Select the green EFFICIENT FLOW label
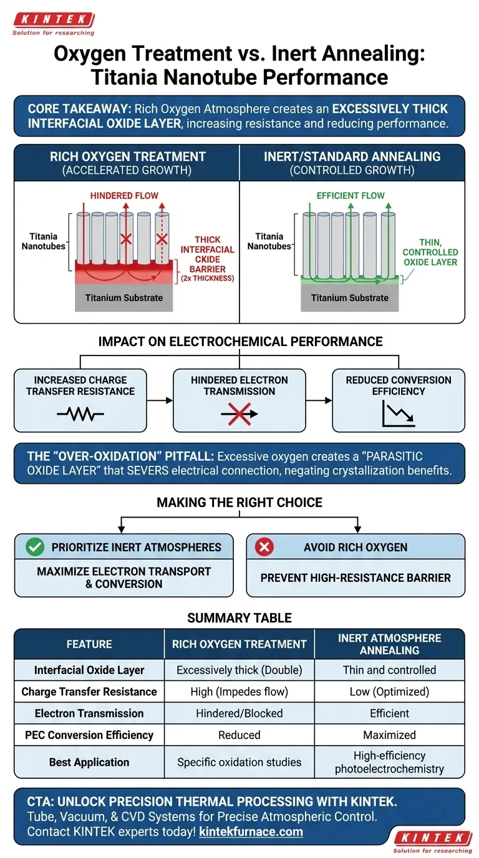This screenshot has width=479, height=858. point(351,195)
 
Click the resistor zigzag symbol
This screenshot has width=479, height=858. point(80,413)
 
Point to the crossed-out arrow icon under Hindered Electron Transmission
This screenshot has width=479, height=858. point(239,413)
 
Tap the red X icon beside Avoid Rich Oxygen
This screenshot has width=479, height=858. point(264,547)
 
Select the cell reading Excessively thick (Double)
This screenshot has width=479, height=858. point(239,670)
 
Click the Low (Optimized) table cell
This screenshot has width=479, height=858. point(389,691)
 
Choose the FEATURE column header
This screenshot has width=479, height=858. point(89,644)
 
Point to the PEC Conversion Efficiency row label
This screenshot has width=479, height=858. point(89,735)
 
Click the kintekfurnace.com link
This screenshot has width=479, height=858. point(251,832)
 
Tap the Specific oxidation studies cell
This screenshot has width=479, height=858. point(239,762)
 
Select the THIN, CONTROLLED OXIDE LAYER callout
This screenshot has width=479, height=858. point(430,252)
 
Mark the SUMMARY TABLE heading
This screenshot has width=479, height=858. point(239,618)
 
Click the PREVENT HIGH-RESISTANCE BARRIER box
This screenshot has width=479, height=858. point(356,577)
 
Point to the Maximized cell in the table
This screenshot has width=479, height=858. point(389,735)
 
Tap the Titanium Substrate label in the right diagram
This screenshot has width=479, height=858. point(350,298)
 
